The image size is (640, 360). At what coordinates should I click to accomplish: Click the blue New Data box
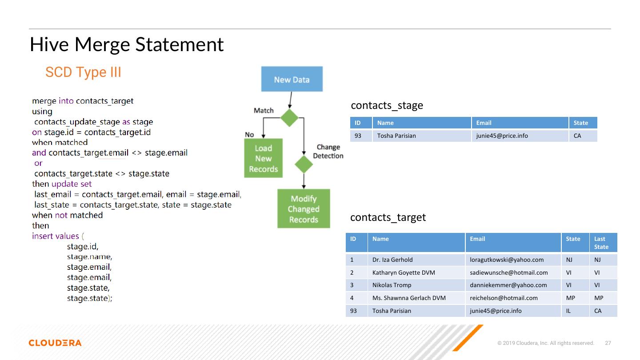coord(292,80)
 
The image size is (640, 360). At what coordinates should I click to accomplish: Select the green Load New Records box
coord(263,158)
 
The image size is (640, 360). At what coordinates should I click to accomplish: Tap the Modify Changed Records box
coord(304,209)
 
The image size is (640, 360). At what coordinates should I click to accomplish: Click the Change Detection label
coord(328,152)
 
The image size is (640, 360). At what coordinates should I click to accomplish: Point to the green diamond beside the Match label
coord(289,118)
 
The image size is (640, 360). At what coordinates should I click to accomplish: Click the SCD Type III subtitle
coord(83,72)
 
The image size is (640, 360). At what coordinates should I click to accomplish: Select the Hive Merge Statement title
coord(127,44)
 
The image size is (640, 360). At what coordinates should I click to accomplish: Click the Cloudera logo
coord(55,343)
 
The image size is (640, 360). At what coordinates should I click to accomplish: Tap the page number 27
coord(608,343)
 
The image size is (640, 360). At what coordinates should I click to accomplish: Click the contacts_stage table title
coord(387,105)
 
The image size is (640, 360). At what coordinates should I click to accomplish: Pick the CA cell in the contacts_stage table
coord(577,136)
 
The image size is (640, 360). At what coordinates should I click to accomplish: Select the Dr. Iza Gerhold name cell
coord(392,260)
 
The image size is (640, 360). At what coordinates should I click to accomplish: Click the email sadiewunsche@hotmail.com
coord(508,272)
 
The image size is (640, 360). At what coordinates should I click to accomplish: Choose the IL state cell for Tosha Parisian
coord(568,311)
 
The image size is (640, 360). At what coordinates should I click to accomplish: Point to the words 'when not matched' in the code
coord(67,215)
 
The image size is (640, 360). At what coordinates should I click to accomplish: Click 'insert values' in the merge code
coord(55,236)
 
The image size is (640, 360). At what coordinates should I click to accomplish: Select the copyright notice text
coord(546,343)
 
